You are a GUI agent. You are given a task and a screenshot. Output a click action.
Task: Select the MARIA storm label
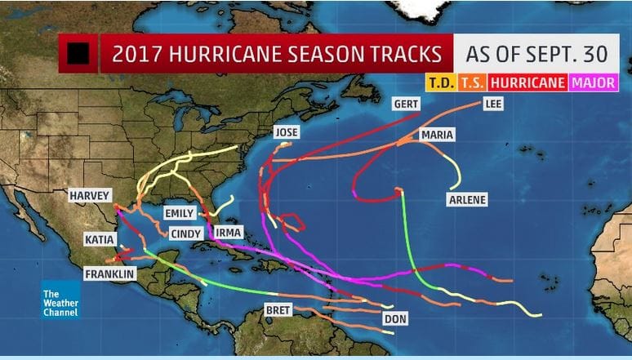pos(438,135)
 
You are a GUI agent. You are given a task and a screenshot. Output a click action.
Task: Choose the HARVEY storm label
pos(90,196)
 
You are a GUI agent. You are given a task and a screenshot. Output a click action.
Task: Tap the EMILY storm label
pos(180,213)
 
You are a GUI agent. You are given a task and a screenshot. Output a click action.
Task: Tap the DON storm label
pos(394,318)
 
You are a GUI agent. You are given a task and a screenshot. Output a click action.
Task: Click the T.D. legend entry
pos(439,82)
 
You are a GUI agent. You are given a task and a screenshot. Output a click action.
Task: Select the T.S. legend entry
pos(471,82)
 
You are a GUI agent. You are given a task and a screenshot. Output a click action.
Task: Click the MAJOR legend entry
pos(594,82)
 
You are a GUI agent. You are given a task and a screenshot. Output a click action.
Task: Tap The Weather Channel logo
pos(61,300)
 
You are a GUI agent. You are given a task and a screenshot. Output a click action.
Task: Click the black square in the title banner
pos(79,54)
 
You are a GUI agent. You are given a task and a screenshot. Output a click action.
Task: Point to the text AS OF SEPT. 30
pos(536,55)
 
